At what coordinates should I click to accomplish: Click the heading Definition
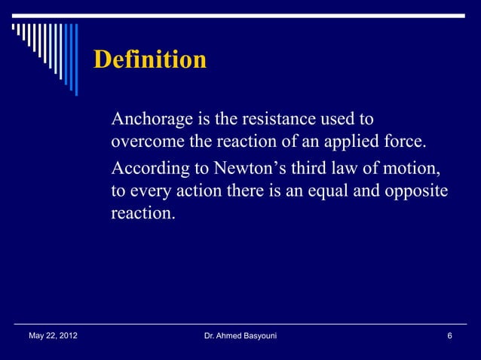point(149,60)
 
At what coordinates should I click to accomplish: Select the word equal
point(333,191)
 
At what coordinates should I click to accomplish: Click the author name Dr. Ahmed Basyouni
point(240,336)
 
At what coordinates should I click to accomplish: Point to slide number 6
point(449,336)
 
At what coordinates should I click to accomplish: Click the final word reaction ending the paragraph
point(141,214)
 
